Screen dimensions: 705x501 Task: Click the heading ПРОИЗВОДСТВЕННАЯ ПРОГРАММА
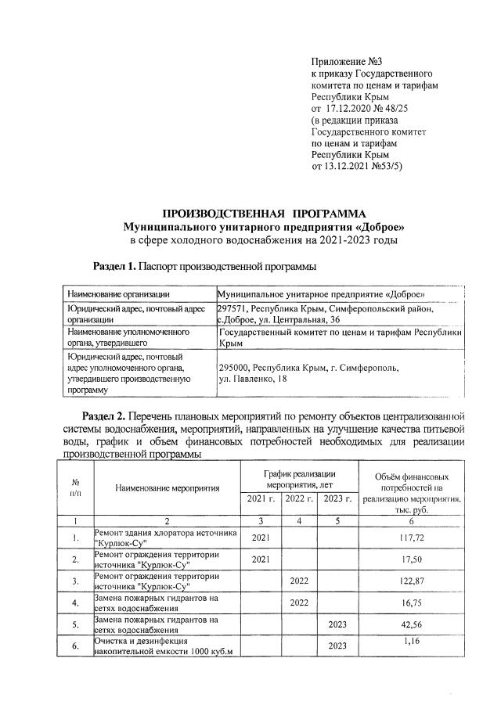click(x=264, y=213)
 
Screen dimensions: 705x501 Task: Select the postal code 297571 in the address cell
click(x=232, y=309)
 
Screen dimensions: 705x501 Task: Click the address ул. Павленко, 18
click(x=254, y=379)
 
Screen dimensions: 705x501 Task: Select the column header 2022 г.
click(x=299, y=499)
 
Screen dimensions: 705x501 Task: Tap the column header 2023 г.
click(x=337, y=499)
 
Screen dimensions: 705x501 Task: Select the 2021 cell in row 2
click(x=261, y=560)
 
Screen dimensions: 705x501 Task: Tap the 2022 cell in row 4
click(x=299, y=603)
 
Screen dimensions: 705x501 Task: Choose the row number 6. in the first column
click(x=75, y=647)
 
